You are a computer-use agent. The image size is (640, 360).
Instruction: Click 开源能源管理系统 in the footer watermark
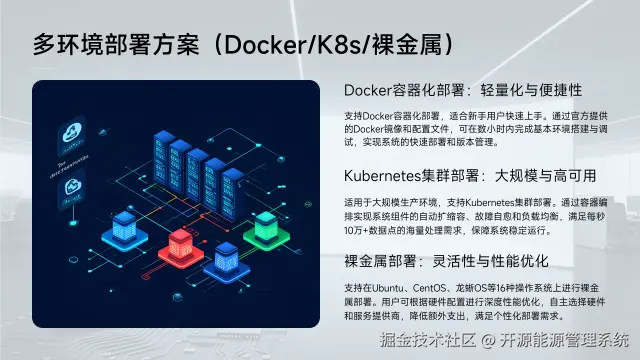pyautogui.click(x=566, y=340)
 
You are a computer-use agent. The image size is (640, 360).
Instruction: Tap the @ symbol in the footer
pyautogui.click(x=489, y=340)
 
